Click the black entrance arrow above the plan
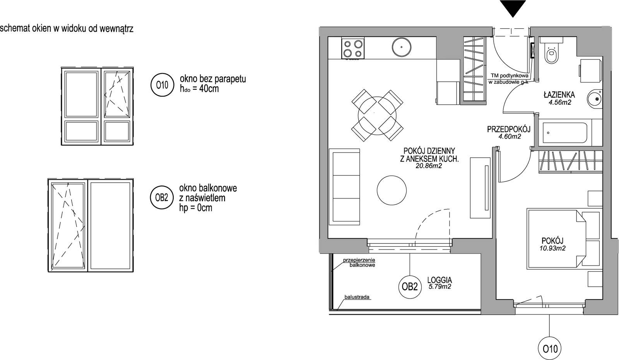point(513,8)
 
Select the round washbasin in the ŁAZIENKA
point(594,98)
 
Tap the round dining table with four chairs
point(377,115)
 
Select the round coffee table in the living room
point(392,190)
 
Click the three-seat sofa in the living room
point(344,187)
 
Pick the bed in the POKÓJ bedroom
point(564,238)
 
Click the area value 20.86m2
point(429,166)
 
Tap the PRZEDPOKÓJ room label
point(509,129)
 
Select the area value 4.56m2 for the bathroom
point(560,102)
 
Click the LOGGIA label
point(439,280)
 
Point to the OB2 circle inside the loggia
point(410,287)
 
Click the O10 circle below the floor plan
point(550,349)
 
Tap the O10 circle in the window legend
point(162,85)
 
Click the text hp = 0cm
point(196,207)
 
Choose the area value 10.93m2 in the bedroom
point(552,248)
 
